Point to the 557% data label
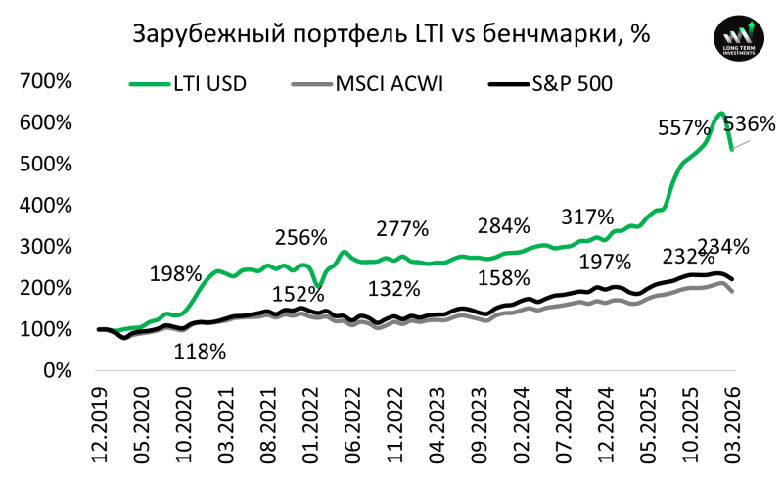coord(683,128)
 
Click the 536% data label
coord(749,125)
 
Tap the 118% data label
coord(200,351)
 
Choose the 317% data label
coord(587,217)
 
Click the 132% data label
coord(394,289)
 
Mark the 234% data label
coord(723,246)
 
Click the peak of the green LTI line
coord(720,114)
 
